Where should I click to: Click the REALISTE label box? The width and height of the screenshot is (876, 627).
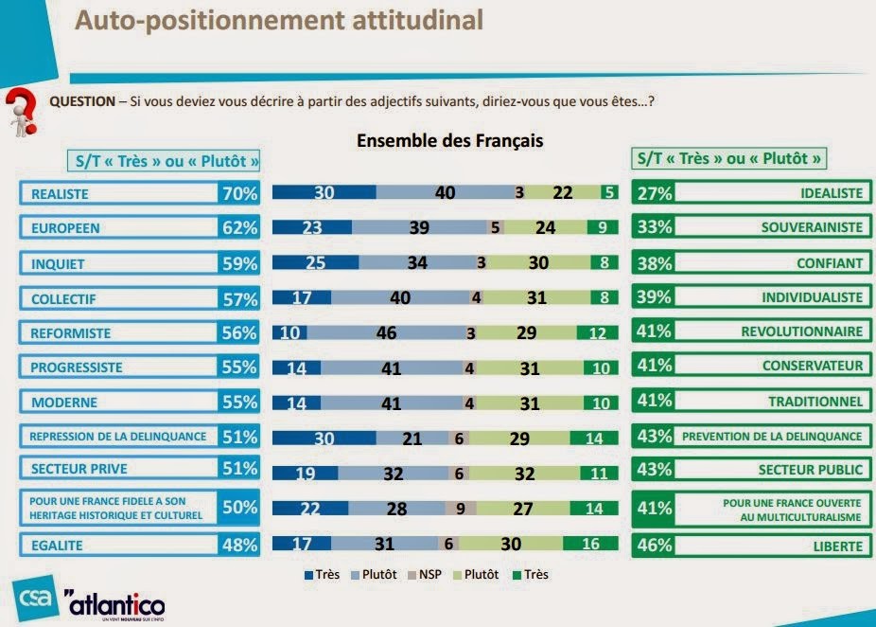pos(118,193)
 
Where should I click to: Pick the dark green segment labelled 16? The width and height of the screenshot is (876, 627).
pos(590,544)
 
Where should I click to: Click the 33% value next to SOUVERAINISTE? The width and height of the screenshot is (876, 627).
pos(654,228)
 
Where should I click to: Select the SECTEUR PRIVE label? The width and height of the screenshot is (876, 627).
pos(118,468)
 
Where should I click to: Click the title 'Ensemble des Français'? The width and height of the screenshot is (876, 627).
pos(449,141)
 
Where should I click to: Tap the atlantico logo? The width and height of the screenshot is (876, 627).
pos(114,602)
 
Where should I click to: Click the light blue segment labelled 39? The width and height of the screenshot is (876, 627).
pos(419,228)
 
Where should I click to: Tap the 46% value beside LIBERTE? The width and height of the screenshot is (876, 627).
pos(654,546)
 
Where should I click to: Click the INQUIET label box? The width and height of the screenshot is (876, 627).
pos(118,263)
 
